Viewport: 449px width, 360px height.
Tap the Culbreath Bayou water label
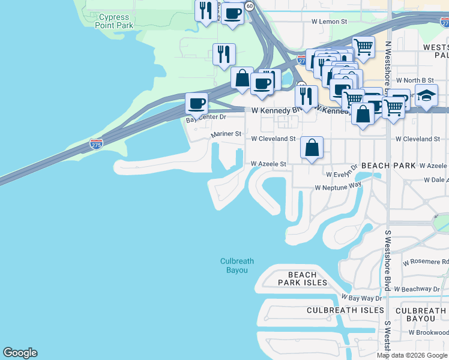point(237,266)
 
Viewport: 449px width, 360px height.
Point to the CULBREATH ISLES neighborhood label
point(345,310)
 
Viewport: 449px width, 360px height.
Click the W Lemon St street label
point(329,21)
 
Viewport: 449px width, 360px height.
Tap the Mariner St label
point(226,134)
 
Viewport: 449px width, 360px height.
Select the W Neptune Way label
point(338,187)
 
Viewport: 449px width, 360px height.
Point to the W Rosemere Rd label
point(426,262)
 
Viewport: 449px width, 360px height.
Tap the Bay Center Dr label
point(205,118)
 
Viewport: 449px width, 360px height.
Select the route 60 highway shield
point(249,5)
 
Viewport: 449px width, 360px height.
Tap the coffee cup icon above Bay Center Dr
point(196,103)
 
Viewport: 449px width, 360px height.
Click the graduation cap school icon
point(426,95)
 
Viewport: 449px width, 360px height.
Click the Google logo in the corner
point(20,353)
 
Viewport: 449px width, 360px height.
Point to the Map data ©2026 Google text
point(412,355)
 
